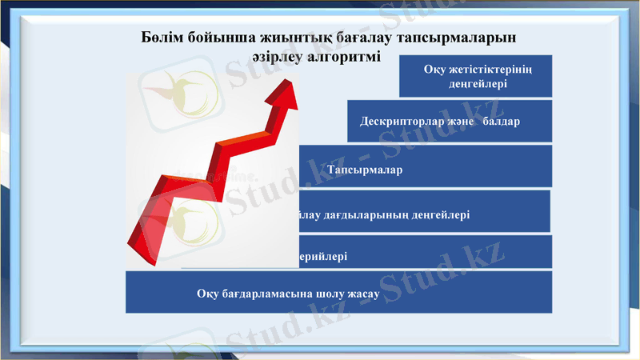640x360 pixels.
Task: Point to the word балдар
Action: coord(500,122)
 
